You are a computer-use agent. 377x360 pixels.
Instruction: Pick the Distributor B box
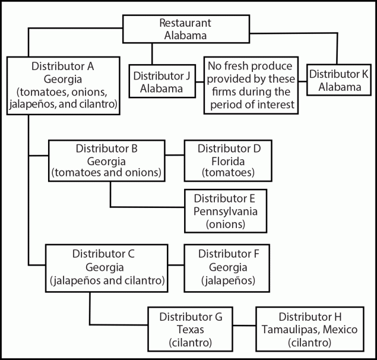coord(107,160)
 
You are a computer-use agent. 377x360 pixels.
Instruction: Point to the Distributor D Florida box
coord(228,160)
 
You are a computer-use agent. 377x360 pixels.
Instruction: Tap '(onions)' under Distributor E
coord(226,224)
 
